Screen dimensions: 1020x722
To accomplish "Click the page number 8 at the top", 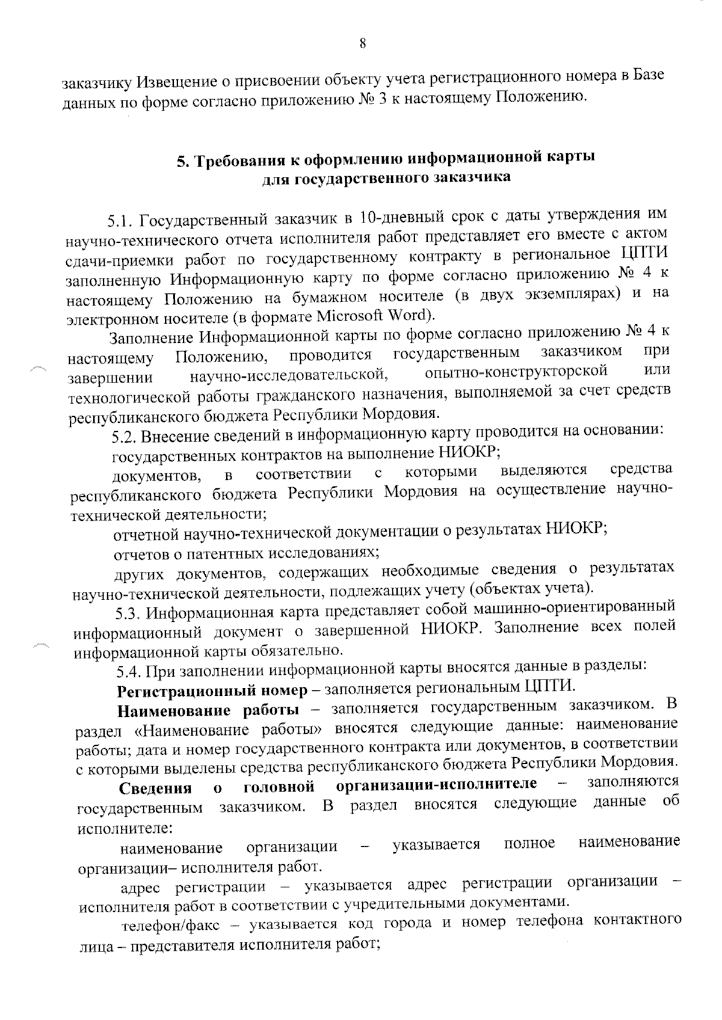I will (362, 43).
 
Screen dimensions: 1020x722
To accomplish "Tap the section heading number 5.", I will (180, 161).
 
